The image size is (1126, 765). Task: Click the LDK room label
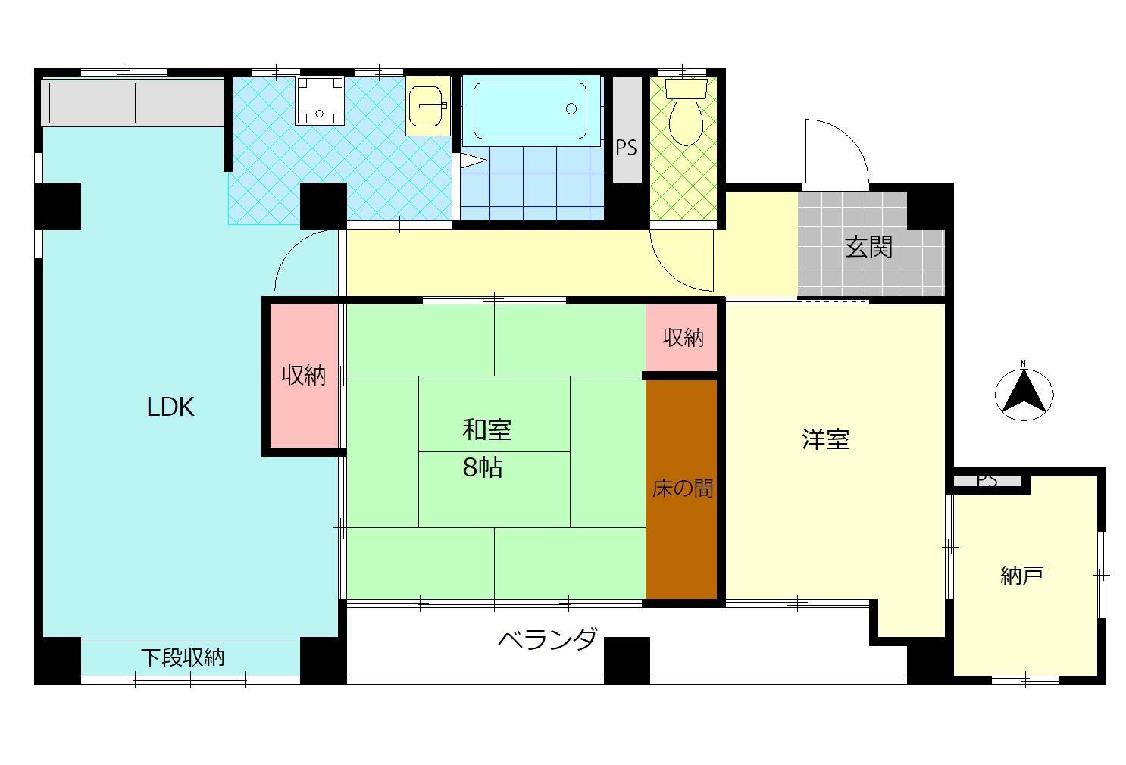pyautogui.click(x=170, y=407)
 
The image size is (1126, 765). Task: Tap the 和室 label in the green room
pyautogui.click(x=486, y=430)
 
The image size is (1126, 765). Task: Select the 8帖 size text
pyautogui.click(x=483, y=468)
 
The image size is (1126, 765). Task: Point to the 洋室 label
pyautogui.click(x=825, y=439)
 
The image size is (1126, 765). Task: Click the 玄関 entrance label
pyautogui.click(x=868, y=247)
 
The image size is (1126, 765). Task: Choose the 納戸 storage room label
pyautogui.click(x=1021, y=576)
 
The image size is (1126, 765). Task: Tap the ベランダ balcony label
pyautogui.click(x=547, y=640)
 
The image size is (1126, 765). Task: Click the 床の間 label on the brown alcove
pyautogui.click(x=682, y=489)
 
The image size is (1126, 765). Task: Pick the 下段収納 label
pyautogui.click(x=183, y=657)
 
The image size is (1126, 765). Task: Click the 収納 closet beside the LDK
pyautogui.click(x=304, y=375)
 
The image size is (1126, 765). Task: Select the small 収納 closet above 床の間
pyautogui.click(x=683, y=338)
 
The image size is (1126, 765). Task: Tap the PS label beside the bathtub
pyautogui.click(x=626, y=148)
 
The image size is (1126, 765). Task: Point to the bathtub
pyautogui.click(x=530, y=111)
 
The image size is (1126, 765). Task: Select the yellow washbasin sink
pyautogui.click(x=427, y=107)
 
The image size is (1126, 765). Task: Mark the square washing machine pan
pyautogui.click(x=320, y=101)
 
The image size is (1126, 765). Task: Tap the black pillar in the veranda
pyautogui.click(x=627, y=660)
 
